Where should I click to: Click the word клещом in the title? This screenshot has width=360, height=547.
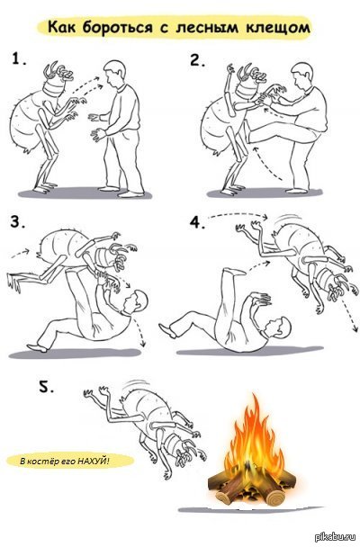point(278,27)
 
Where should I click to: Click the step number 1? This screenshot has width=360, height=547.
point(18,58)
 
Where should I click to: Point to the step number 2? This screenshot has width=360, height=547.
point(197,60)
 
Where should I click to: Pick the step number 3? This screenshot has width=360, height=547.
point(17,222)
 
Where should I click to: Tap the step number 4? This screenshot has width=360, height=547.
point(197,223)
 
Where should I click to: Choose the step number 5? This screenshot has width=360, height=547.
point(46,386)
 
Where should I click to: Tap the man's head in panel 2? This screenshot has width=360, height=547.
point(301,75)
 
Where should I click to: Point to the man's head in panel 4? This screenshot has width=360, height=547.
point(278,327)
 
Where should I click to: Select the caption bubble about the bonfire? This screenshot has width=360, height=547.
point(70,461)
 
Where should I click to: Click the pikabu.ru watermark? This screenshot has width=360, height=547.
point(336,538)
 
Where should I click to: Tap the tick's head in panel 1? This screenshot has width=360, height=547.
point(58,80)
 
